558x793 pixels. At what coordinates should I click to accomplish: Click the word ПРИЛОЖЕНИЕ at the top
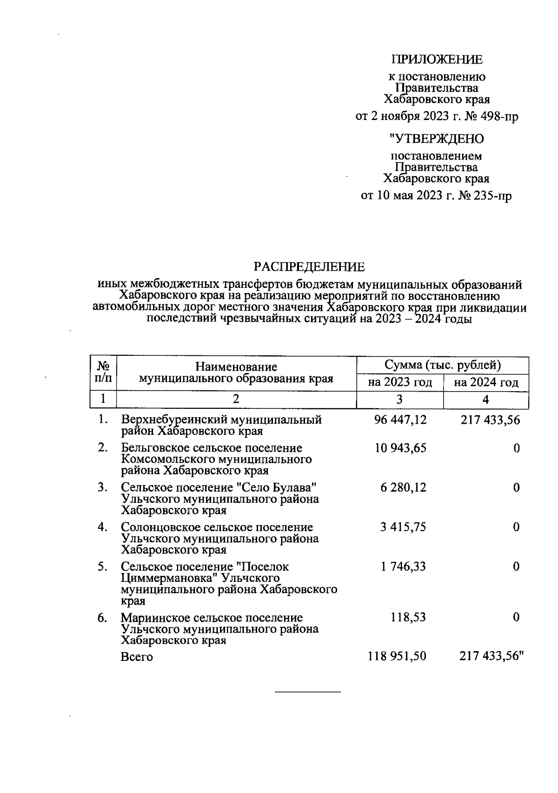(x=437, y=60)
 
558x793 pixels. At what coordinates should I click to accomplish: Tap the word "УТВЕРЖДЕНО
(x=436, y=139)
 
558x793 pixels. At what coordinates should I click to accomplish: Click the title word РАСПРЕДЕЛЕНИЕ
(x=309, y=267)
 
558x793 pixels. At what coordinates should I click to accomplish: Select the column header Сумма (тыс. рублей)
(x=442, y=365)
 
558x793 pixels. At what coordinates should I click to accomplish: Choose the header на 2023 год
(x=400, y=382)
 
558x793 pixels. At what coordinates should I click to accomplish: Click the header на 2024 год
(x=486, y=382)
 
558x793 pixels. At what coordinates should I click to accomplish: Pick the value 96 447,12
(x=400, y=420)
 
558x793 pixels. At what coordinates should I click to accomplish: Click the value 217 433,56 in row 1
(x=490, y=420)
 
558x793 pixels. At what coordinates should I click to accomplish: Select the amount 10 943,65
(x=400, y=448)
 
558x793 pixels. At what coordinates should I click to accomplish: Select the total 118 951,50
(x=397, y=656)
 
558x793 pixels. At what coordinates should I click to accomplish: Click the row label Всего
(x=137, y=657)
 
